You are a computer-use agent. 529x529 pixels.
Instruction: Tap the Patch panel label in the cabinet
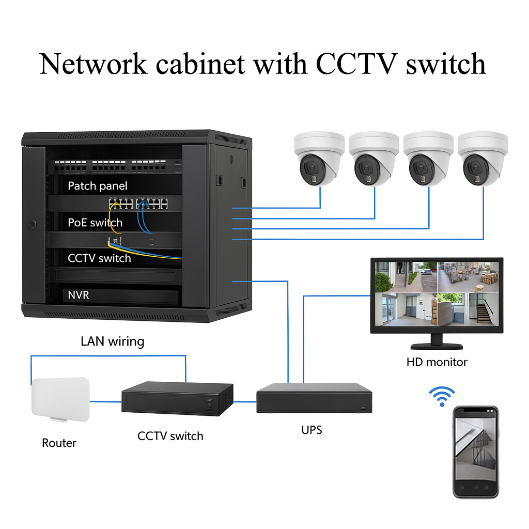[97, 186]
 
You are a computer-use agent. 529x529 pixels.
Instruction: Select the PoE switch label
[95, 223]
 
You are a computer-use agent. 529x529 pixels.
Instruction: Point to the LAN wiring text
[112, 341]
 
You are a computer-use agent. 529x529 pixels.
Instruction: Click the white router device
[60, 398]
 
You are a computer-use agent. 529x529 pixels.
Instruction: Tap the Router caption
[59, 443]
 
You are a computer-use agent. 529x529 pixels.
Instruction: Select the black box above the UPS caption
[314, 398]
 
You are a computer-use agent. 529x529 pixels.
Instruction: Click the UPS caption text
[312, 430]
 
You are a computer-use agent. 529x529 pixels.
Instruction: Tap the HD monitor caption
[437, 362]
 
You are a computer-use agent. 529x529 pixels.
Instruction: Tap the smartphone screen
[476, 449]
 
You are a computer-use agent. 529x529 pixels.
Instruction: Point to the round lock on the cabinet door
[33, 225]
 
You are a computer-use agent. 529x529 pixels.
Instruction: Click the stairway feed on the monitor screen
[469, 309]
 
